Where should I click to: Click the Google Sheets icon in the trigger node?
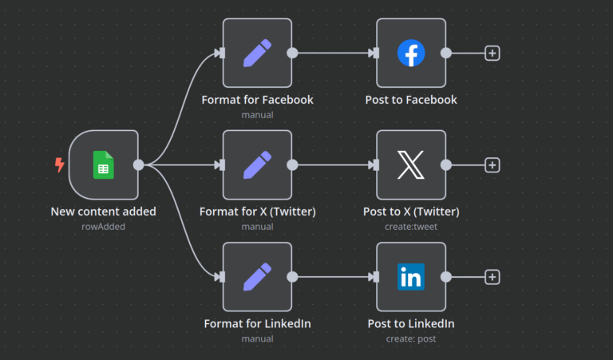click(x=103, y=164)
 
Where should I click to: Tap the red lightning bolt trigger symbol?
click(x=59, y=164)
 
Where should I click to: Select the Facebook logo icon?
click(x=411, y=53)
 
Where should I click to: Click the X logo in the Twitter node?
click(x=411, y=165)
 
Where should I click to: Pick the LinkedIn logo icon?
click(x=411, y=277)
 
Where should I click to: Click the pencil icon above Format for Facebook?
click(x=257, y=53)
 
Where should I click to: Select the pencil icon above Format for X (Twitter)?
click(x=257, y=165)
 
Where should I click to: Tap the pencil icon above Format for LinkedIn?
click(x=257, y=277)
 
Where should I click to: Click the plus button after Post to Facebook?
click(x=492, y=53)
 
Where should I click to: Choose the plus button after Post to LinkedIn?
click(x=492, y=277)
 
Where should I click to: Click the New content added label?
click(x=104, y=212)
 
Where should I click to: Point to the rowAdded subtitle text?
click(x=104, y=226)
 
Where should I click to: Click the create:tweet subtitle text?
click(x=411, y=226)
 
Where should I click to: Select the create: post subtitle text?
click(x=411, y=338)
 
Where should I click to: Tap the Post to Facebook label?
click(x=411, y=100)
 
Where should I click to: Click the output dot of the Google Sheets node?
click(x=139, y=165)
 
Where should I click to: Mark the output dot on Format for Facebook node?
click(x=292, y=53)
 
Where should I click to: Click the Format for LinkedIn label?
click(x=257, y=323)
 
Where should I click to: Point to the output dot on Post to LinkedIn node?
click(x=446, y=277)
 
